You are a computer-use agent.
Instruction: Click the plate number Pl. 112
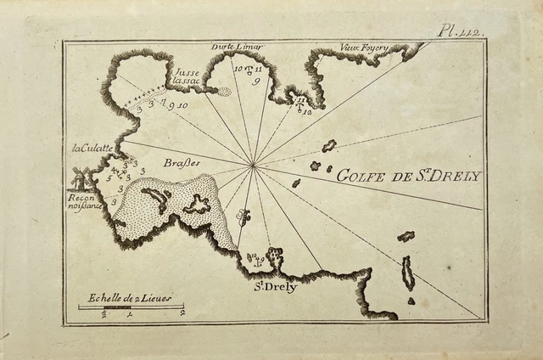[x=459, y=31]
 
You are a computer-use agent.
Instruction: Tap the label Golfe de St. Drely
[x=409, y=177]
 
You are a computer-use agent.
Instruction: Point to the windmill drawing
[x=81, y=179]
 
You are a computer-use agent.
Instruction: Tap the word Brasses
[x=182, y=162]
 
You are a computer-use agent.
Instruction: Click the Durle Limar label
[x=238, y=47]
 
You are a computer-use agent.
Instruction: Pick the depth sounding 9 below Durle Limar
[x=255, y=81]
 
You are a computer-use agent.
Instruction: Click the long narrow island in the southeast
[x=408, y=273]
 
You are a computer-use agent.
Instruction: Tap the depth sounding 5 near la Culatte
[x=109, y=178]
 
